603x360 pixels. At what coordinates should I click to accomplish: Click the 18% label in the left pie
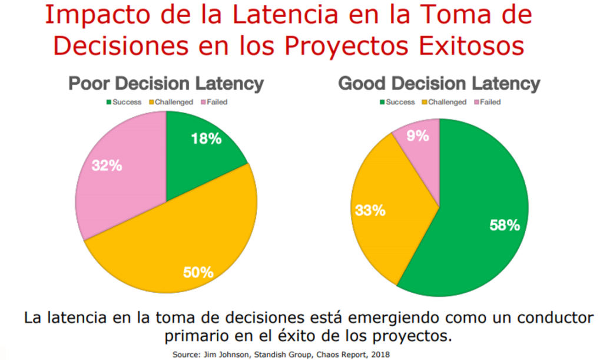(206, 140)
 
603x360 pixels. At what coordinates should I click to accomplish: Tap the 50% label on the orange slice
(198, 272)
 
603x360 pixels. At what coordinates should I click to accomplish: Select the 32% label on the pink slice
(107, 166)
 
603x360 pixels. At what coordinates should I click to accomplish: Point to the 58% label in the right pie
(505, 225)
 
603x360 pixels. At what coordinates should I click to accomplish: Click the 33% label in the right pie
(369, 210)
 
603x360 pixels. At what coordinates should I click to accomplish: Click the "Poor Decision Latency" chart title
(166, 84)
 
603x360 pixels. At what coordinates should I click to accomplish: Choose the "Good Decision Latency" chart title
(439, 84)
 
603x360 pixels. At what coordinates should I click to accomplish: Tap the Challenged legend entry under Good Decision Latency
(445, 102)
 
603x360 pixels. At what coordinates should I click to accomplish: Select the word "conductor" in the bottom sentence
(549, 318)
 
